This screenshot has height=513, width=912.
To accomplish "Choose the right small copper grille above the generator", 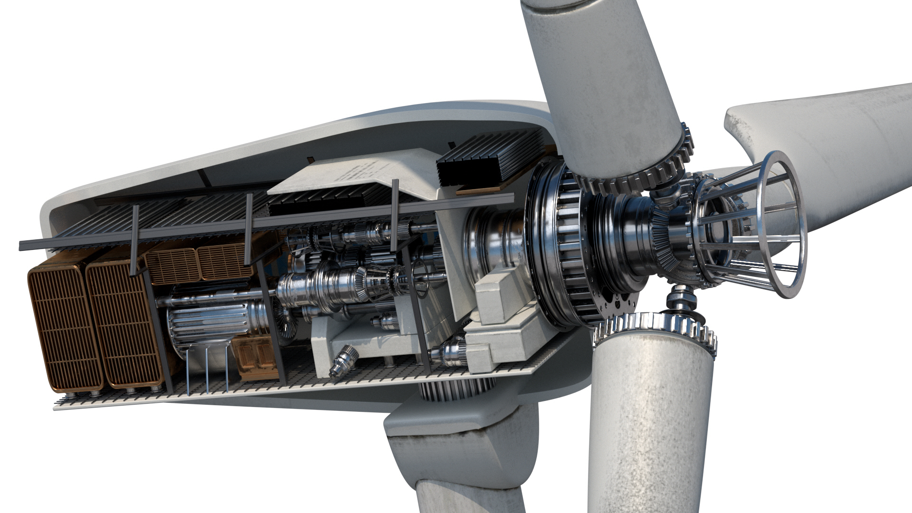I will click(x=223, y=261).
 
